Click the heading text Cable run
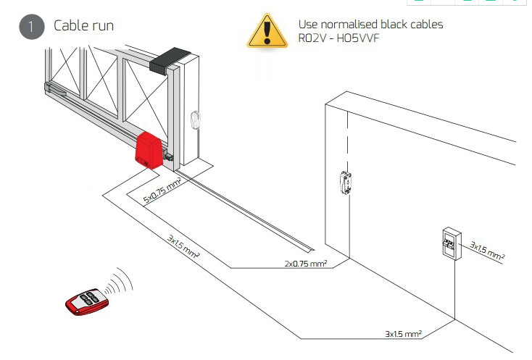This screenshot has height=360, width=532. (83, 26)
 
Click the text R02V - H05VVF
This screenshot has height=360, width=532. (338, 38)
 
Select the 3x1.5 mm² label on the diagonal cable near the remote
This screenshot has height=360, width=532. (183, 246)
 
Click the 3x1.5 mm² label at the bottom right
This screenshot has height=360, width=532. (403, 334)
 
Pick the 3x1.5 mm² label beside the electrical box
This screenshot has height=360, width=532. (486, 250)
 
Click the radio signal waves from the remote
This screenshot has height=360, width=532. (122, 280)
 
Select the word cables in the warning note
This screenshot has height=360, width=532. (427, 24)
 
